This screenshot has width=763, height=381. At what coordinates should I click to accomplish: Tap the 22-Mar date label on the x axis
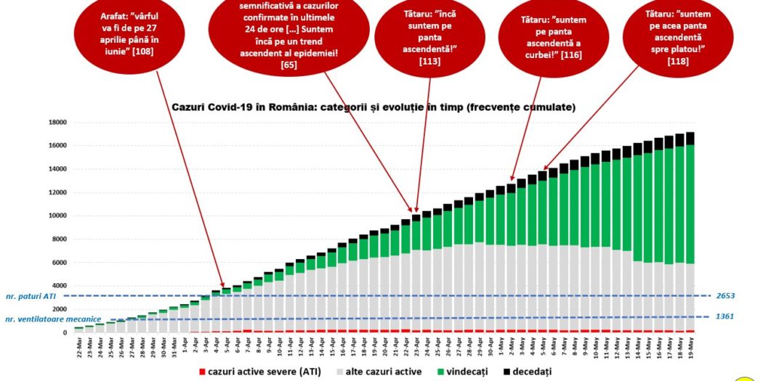tap(78, 346)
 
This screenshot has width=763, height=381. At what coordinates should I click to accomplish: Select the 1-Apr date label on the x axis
tap(185, 346)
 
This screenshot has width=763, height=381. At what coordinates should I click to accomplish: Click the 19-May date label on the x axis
tap(690, 346)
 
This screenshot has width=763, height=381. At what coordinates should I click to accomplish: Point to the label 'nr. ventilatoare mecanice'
tap(54, 319)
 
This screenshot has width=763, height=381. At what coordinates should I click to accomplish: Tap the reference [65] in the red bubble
tap(288, 65)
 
